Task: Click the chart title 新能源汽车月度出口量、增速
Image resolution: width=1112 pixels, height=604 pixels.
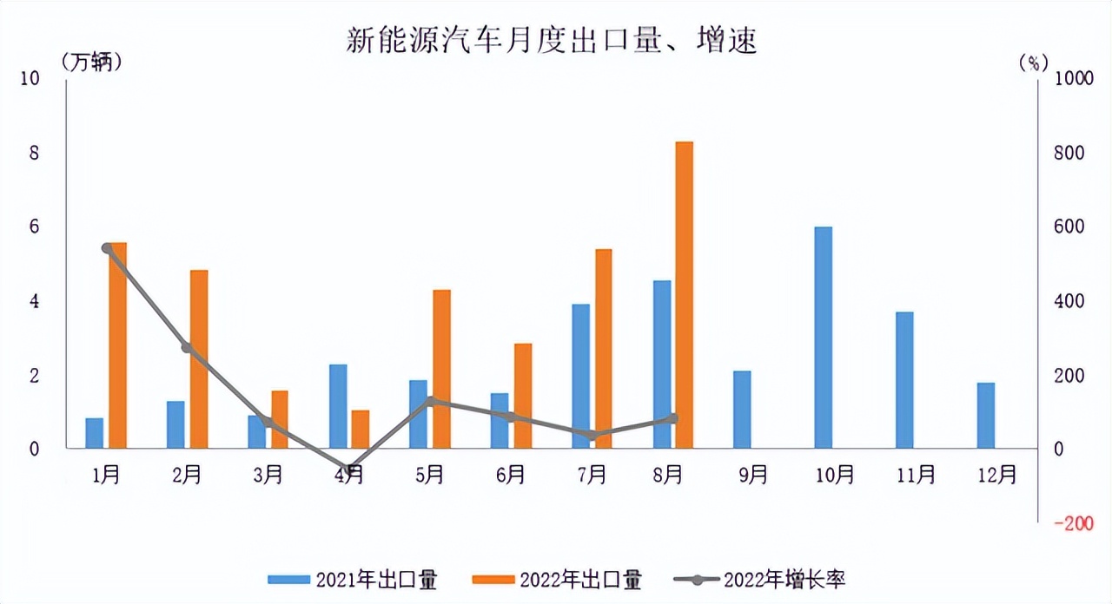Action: [x=552, y=40]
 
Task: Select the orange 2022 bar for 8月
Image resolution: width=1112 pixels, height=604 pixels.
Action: [x=685, y=295]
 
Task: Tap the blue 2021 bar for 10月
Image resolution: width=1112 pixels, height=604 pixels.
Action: [x=824, y=338]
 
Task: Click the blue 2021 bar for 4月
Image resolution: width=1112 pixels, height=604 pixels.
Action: [x=338, y=406]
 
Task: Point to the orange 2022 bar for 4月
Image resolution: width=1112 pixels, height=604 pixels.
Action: [x=361, y=429]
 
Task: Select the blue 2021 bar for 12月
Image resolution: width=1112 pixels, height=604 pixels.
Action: [x=985, y=416]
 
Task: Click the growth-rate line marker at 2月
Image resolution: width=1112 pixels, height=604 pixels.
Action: [x=186, y=348]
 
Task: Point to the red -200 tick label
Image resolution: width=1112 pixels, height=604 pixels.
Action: [x=1073, y=523]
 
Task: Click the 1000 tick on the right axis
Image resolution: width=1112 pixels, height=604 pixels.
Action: [x=1073, y=78]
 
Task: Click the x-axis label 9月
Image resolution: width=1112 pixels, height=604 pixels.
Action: [x=753, y=475]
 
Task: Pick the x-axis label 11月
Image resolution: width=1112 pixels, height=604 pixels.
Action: [x=915, y=475]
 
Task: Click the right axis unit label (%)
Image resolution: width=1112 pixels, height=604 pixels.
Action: [x=1033, y=62]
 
